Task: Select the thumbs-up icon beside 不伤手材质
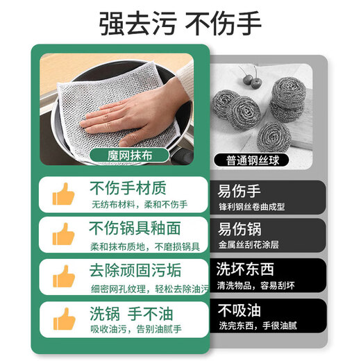coord(65,195)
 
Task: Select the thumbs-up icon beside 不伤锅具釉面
coord(65,235)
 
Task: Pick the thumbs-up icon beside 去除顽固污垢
coord(65,276)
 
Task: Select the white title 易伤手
coord(241,190)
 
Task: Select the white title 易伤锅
coord(241,230)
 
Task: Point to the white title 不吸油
coord(241,309)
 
